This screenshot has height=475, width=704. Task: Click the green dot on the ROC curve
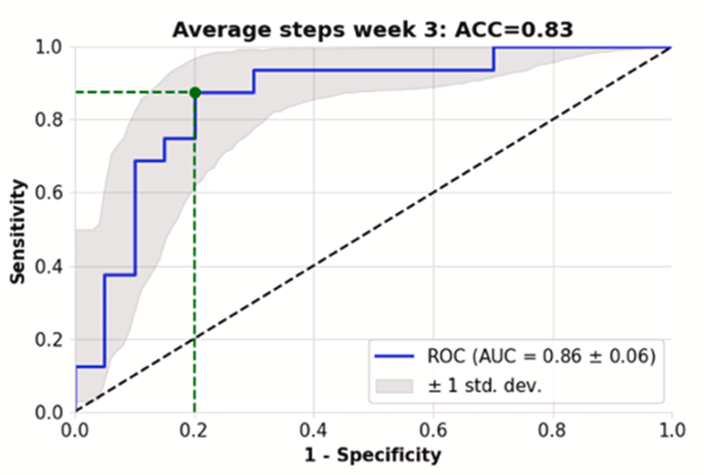click(195, 93)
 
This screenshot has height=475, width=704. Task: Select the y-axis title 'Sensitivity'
click(18, 231)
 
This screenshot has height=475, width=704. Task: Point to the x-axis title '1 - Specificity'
click(374, 455)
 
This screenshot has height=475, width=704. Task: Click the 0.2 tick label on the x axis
click(194, 431)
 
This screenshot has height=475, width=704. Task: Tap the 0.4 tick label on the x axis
click(314, 431)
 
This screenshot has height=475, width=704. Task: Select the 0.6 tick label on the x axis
click(433, 431)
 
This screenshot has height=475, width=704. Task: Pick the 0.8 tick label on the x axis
click(552, 431)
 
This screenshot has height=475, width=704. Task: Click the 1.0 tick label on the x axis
click(671, 431)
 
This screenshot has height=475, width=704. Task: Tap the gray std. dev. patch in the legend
click(394, 385)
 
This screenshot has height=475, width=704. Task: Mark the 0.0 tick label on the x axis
click(75, 431)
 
